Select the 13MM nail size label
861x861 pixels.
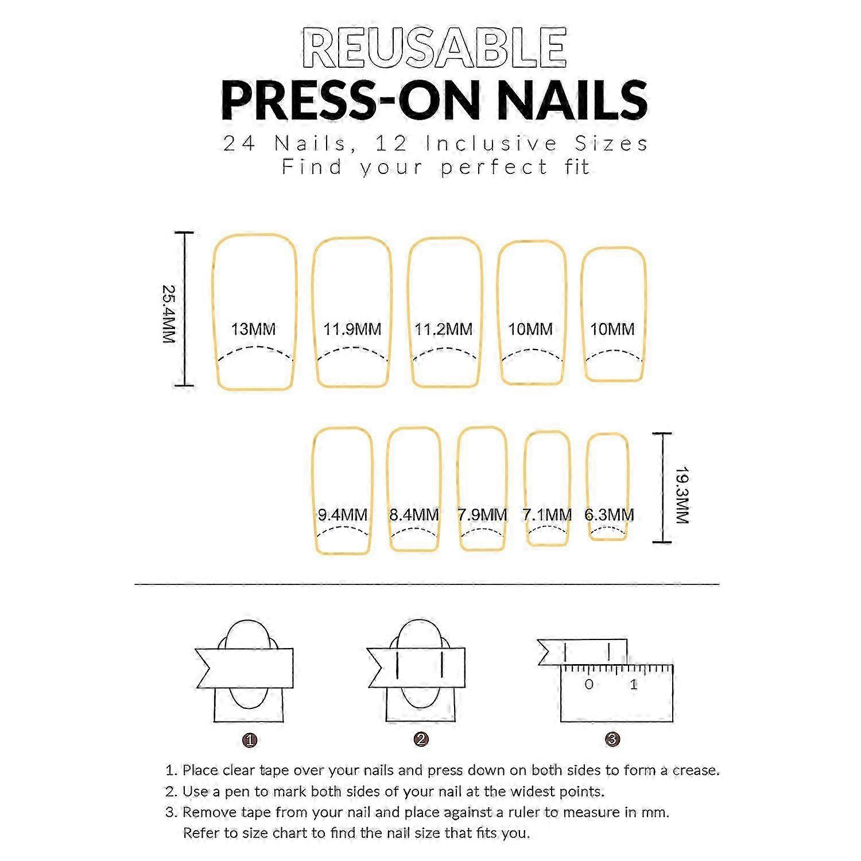coord(253,329)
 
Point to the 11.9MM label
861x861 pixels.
coord(352,329)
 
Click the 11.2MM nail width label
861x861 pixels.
coord(443,329)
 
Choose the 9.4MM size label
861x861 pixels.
coord(343,515)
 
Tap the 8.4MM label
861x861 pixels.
coord(414,515)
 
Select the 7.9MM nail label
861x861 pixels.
coord(482,515)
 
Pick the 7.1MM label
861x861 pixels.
coord(547,515)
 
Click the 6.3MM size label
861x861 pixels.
coord(610,515)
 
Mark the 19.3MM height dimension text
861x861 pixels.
coord(681,495)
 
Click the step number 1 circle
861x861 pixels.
coord(250,740)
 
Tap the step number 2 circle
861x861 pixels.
coord(421,739)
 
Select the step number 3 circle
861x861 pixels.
coord(612,739)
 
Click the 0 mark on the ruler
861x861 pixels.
coord(589,684)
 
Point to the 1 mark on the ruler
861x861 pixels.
coord(634,684)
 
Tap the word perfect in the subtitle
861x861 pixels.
coord(494,168)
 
